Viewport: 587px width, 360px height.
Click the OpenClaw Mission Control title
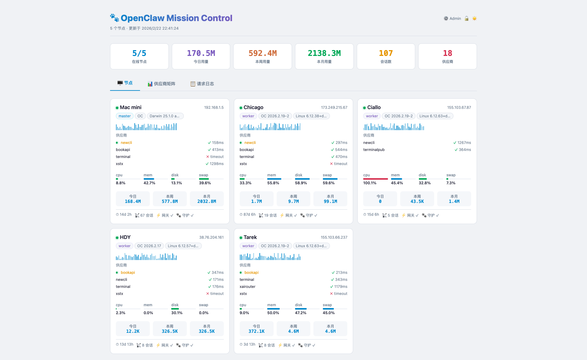click(176, 18)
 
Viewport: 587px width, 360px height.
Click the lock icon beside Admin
click(467, 19)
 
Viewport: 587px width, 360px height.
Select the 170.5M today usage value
click(201, 53)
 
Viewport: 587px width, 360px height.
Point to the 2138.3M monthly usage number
click(324, 53)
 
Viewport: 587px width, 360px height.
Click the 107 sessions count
click(386, 53)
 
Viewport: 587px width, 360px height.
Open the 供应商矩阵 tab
click(161, 84)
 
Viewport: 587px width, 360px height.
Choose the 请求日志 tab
click(202, 84)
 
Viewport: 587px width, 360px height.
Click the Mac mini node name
click(131, 108)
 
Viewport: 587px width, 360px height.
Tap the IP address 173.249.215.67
click(334, 108)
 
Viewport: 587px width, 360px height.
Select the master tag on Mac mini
click(124, 116)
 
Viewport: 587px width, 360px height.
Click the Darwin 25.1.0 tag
click(165, 116)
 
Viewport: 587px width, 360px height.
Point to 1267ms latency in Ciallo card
click(464, 143)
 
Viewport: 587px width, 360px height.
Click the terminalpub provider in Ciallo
click(374, 150)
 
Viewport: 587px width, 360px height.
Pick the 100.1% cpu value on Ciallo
click(370, 183)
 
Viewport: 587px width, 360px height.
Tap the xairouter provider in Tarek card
click(247, 287)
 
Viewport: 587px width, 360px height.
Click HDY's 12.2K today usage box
click(133, 329)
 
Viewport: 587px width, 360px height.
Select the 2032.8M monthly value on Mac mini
click(207, 202)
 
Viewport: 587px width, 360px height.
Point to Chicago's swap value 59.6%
click(329, 183)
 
